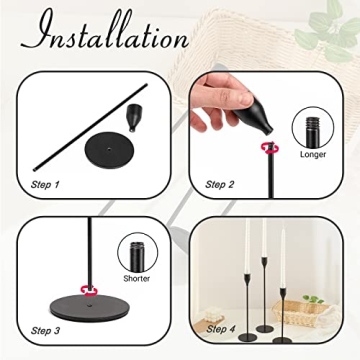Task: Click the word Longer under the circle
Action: point(311,154)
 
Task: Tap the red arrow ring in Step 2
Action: point(268,149)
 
